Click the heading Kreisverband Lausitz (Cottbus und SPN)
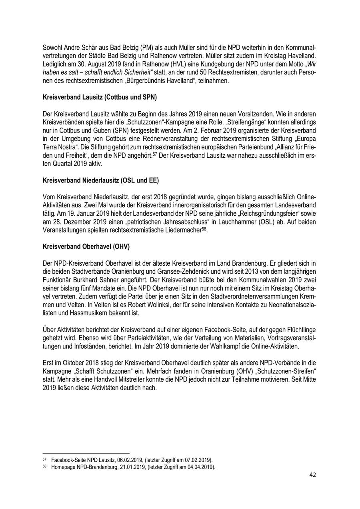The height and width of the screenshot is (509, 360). coord(100,97)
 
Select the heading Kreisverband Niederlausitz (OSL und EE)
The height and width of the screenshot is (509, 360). coord(100,180)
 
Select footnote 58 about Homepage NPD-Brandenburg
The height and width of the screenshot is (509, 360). coord(129,466)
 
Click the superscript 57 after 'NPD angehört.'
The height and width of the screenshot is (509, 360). coord(156,153)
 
